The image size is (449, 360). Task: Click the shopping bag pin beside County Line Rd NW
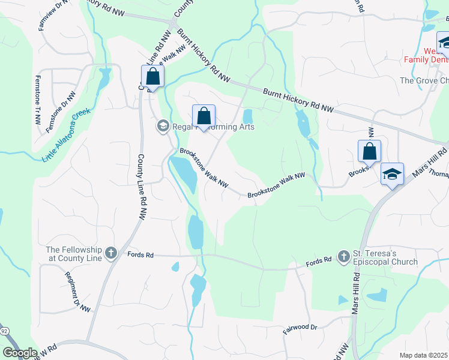pyautogui.click(x=153, y=77)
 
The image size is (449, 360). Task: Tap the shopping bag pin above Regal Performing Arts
pyautogui.click(x=203, y=116)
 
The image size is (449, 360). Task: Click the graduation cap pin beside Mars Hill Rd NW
pyautogui.click(x=392, y=175)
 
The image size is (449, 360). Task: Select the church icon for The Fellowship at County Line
pyautogui.click(x=111, y=254)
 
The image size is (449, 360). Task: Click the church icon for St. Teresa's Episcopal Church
pyautogui.click(x=343, y=257)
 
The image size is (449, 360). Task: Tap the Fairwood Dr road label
pyautogui.click(x=300, y=328)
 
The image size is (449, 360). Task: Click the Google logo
pyautogui.click(x=20, y=353)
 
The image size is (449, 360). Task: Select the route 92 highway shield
pyautogui.click(x=4, y=331)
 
